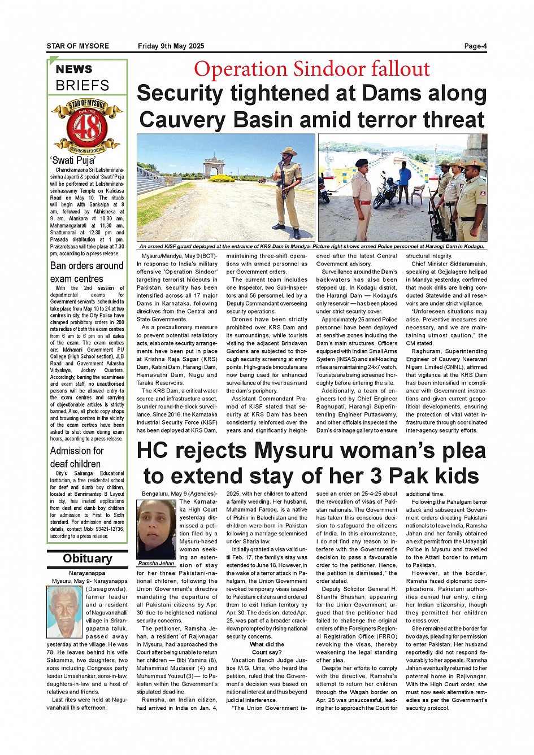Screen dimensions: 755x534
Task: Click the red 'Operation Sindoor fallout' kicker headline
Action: (311, 69)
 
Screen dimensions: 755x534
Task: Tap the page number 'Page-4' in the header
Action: (475, 46)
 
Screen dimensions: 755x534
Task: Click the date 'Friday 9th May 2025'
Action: (171, 46)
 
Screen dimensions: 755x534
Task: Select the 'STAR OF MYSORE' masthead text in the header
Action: (77, 46)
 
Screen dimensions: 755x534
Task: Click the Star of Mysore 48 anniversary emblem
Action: (87, 125)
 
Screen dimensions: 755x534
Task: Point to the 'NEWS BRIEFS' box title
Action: (82, 78)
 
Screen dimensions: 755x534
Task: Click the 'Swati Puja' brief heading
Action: (73, 160)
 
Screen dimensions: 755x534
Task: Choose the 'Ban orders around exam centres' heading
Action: (86, 272)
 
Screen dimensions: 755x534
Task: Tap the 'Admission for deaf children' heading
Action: (77, 457)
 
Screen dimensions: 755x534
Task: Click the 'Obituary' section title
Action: (87, 558)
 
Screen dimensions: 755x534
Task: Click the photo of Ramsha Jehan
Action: (156, 529)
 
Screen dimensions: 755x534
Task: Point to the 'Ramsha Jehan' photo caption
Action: (156, 564)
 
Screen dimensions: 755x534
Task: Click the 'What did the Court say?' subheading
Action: (267, 648)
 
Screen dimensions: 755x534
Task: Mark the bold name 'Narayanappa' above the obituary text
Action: (87, 573)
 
